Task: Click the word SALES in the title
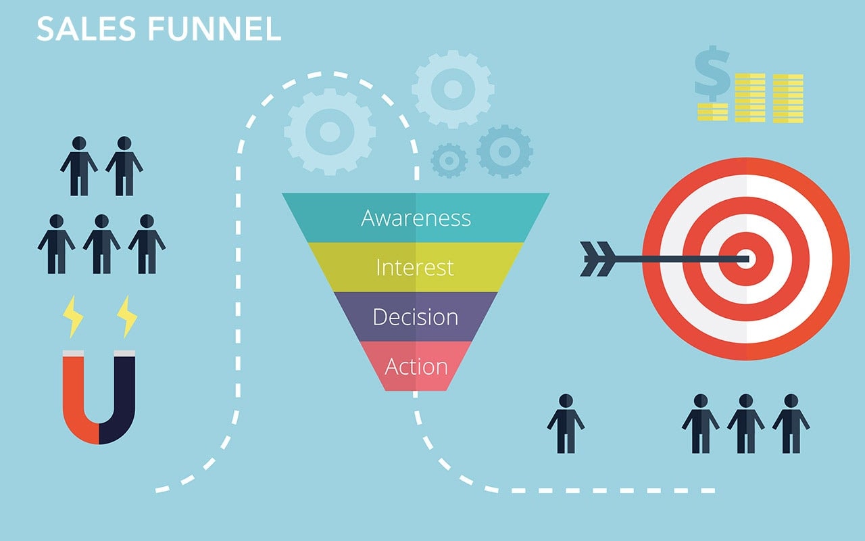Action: pos(86,29)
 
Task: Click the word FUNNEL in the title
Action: pos(214,29)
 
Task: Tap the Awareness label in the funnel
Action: pos(416,218)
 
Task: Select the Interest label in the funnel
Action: pos(415,267)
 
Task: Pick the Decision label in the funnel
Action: pos(416,317)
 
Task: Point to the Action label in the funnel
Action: pos(416,367)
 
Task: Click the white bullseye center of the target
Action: pos(746,259)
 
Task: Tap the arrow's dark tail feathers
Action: pos(598,259)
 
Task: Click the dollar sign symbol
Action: pos(712,74)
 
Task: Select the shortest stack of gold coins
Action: pos(712,112)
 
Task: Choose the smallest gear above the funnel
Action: pos(449,161)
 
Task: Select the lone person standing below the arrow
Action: pos(566,423)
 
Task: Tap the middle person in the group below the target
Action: pos(745,423)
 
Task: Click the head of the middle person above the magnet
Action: pos(101,221)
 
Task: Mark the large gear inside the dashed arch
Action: pos(330,132)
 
